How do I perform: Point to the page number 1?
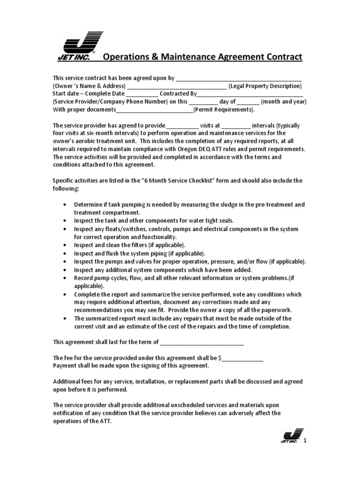click(305, 441)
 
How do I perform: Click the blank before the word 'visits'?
click(182, 126)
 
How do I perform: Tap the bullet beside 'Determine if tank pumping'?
click(64, 205)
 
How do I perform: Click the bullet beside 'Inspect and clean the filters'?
click(64, 245)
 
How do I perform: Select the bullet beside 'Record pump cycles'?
click(64, 277)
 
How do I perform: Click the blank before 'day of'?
click(203, 102)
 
